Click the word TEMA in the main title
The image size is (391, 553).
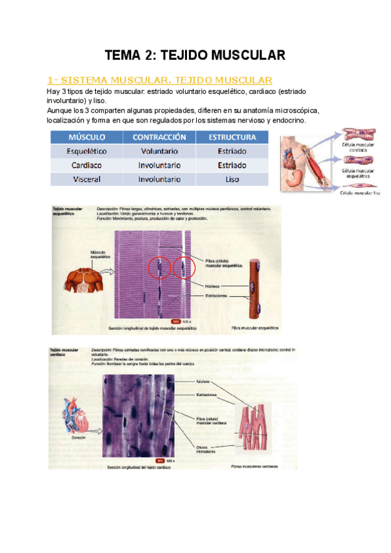coord(123,55)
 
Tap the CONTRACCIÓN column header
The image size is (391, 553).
coord(160,138)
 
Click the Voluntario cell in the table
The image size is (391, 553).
coord(160,151)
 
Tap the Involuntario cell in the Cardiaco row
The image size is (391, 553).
coord(160,165)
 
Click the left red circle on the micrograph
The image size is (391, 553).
coord(158,267)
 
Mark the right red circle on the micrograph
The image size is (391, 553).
coord(184,267)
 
